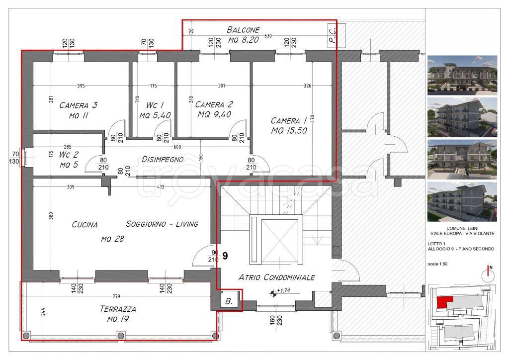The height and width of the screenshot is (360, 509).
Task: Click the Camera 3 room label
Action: (x=78, y=105)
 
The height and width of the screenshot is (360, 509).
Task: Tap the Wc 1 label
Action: (x=155, y=105)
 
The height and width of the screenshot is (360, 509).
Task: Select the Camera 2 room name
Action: (x=214, y=104)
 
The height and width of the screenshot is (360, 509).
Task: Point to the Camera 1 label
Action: (x=289, y=121)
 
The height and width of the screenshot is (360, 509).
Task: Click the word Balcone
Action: (x=243, y=30)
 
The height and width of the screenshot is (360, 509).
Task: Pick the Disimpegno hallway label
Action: (x=163, y=160)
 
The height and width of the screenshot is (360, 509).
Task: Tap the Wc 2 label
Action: (x=69, y=155)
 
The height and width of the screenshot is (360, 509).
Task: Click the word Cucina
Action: (x=85, y=225)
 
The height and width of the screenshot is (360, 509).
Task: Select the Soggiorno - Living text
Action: (x=162, y=224)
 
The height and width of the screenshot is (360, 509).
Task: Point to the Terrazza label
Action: (x=118, y=309)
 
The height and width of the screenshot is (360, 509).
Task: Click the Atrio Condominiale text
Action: (x=276, y=277)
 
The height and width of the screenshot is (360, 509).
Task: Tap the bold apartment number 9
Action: (x=225, y=256)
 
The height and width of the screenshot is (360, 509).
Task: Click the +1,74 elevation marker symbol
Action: (x=273, y=294)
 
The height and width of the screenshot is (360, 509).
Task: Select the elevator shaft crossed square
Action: (x=279, y=240)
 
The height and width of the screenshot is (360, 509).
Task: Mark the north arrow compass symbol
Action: (x=488, y=274)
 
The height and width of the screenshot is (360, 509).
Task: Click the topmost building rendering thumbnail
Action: (x=462, y=75)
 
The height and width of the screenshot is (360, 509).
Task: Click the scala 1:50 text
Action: (x=437, y=264)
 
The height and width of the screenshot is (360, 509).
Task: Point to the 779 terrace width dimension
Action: (x=116, y=296)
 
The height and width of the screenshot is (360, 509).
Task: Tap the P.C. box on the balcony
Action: (x=332, y=35)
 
